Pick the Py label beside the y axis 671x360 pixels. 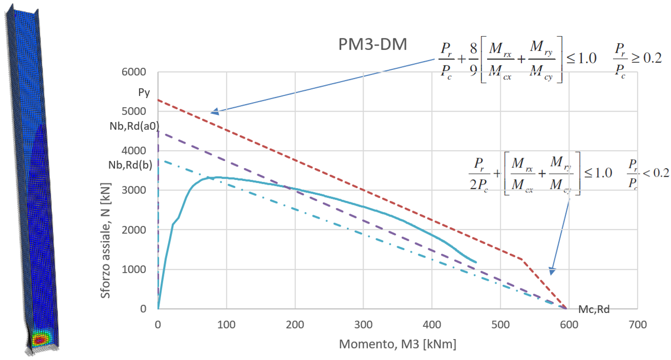144,93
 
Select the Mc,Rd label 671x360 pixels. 594,310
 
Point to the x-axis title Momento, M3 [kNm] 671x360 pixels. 397,344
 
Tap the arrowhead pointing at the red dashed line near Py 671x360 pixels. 214,112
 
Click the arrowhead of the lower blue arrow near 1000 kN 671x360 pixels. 551,272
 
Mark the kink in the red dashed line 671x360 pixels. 522,259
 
